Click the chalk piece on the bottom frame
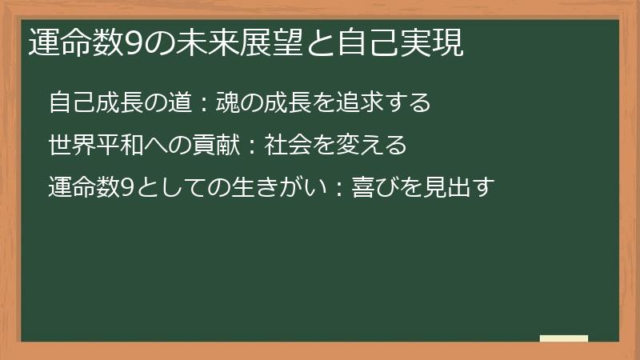(x=564, y=339)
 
